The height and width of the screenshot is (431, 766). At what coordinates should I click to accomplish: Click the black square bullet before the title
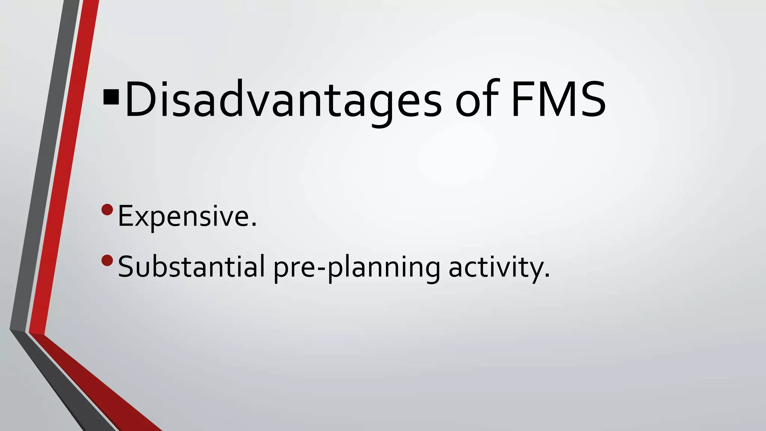(111, 97)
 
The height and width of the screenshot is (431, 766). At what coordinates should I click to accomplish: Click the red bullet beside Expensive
(107, 210)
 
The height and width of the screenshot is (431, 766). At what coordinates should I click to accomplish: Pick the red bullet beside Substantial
(107, 260)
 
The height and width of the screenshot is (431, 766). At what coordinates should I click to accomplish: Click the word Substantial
(191, 266)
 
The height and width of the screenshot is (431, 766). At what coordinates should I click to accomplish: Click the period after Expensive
(254, 225)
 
